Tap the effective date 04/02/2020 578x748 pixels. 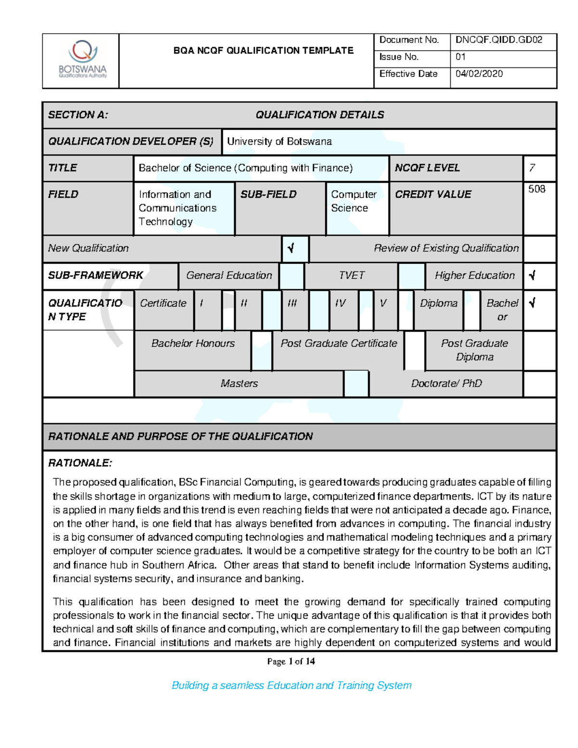click(479, 74)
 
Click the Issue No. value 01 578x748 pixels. click(460, 57)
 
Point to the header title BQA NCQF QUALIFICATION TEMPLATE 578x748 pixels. click(263, 51)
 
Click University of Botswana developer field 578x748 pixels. click(279, 142)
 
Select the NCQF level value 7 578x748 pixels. click(532, 168)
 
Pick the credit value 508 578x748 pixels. click(537, 189)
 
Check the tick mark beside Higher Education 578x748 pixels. click(532, 276)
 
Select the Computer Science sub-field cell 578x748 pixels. click(354, 201)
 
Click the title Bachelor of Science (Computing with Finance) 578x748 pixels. click(246, 168)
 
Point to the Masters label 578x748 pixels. click(239, 383)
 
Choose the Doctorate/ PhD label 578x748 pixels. click(446, 383)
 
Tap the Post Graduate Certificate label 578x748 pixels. click(339, 343)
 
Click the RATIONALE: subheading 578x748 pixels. click(80, 463)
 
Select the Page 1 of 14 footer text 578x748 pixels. click(291, 661)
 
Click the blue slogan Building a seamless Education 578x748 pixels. click(291, 685)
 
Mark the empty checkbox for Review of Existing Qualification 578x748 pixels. click(539, 249)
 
